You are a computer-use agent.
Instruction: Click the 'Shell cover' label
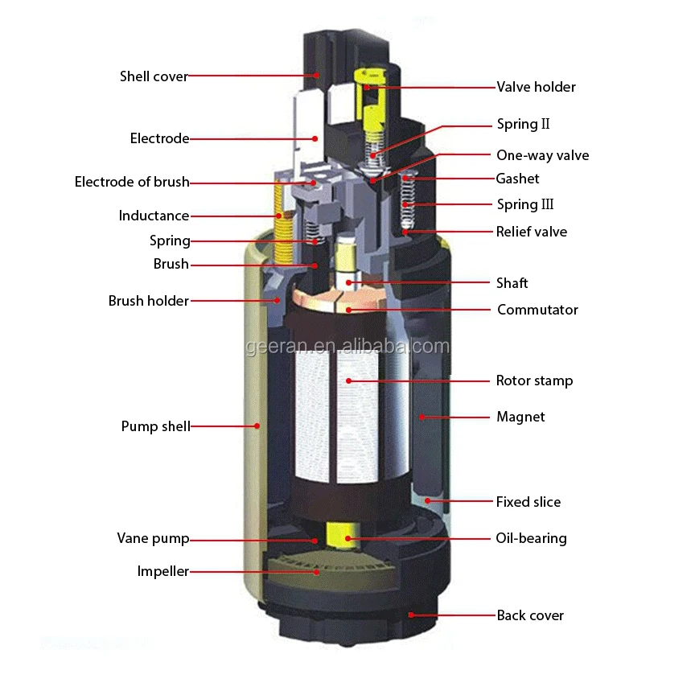pos(154,76)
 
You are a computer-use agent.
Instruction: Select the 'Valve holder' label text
pos(536,87)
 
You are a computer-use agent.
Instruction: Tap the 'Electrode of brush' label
pos(132,182)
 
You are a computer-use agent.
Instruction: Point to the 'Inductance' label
pos(154,216)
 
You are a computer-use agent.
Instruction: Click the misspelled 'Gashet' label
pos(517,179)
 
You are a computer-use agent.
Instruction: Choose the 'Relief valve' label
pos(531,232)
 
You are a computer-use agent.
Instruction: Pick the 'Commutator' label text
pos(537,310)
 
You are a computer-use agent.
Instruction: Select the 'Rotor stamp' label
pos(534,380)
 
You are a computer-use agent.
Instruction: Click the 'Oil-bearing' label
pos(531,538)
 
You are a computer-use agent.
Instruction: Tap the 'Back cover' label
pos(530,615)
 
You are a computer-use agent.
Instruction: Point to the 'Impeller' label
pos(162,572)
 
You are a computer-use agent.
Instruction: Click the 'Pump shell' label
pos(155,426)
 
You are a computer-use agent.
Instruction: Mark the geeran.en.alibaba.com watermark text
pos(347,347)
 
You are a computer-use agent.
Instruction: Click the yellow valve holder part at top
pos(372,105)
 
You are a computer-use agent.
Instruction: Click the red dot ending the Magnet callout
pos(421,417)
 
